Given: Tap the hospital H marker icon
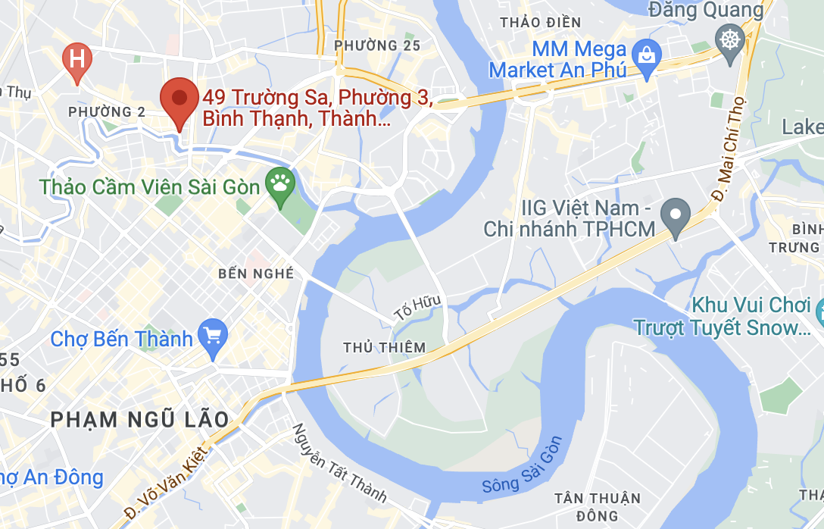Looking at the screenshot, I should [76, 58].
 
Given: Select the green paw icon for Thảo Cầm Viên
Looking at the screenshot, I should [279, 184].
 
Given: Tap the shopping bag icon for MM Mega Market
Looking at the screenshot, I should [647, 56].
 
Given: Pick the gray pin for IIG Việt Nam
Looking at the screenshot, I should [675, 215].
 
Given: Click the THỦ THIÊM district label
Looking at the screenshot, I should [384, 347].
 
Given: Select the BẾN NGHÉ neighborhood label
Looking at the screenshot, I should [255, 274].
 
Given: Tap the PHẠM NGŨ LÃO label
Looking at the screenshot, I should [139, 419].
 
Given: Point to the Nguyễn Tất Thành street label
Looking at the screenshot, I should [339, 463].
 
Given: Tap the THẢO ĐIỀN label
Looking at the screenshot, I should [540, 22].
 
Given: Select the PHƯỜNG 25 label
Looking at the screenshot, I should [377, 45].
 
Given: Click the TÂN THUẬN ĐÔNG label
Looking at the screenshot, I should [598, 507].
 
